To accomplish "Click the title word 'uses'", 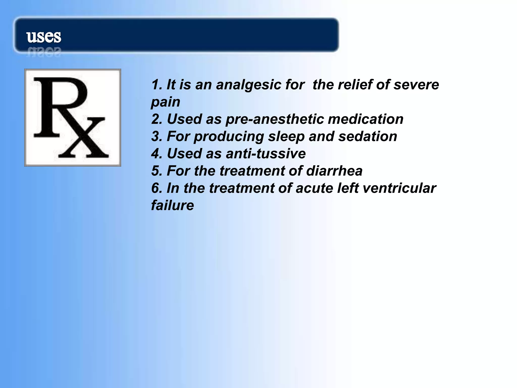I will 44,37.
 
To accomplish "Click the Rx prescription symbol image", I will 73,117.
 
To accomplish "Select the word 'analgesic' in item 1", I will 248,85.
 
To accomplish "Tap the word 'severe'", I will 416,85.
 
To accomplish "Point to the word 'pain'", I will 166,102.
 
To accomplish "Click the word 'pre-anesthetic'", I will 275,119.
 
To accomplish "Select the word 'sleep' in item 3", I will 286,137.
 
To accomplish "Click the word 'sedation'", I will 368,136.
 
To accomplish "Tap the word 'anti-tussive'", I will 266,154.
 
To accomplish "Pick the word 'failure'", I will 172,205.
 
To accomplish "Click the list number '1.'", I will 157,85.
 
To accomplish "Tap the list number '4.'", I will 157,154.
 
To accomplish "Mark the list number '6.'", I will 157,188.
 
